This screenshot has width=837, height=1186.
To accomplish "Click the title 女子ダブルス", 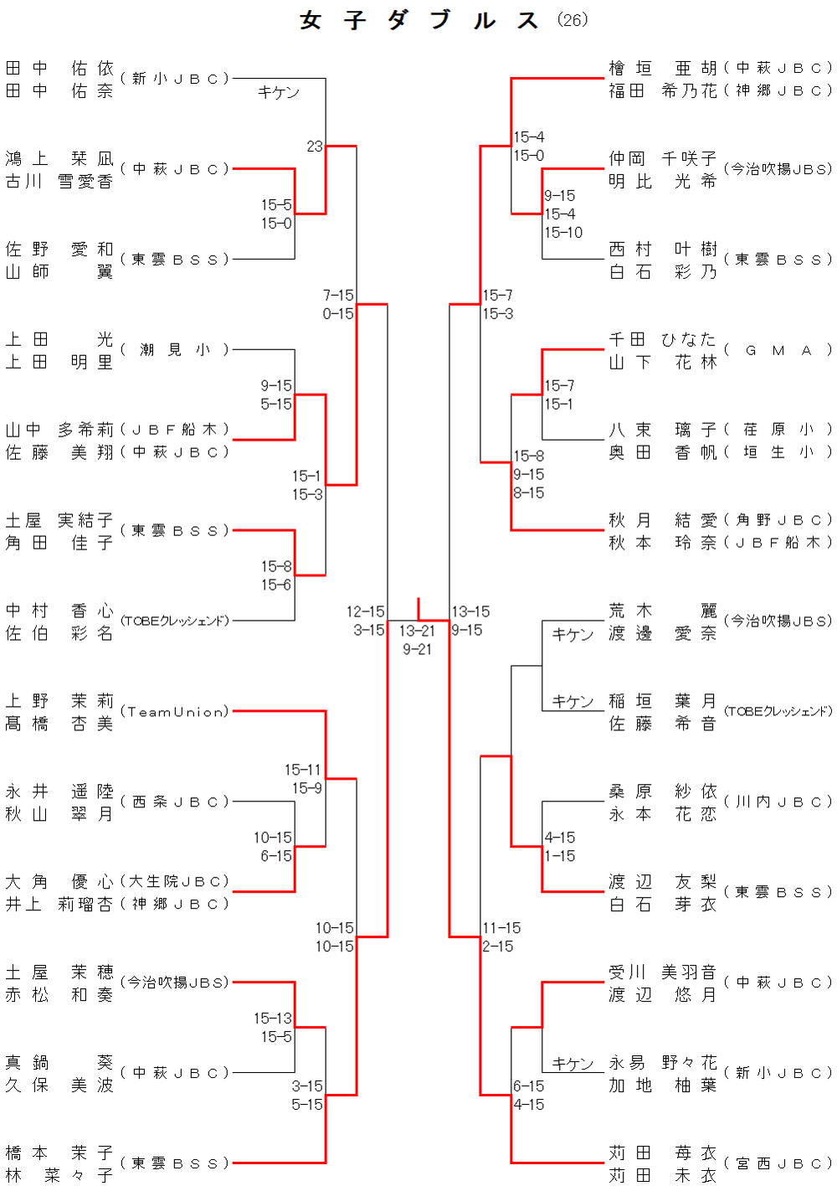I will (x=418, y=20).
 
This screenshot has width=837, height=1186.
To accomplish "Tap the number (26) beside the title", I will (x=573, y=20).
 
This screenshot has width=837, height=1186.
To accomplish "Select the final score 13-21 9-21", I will (x=417, y=640).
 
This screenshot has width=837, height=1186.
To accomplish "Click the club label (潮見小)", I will (x=175, y=349).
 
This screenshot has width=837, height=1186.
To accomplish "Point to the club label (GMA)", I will (x=778, y=350).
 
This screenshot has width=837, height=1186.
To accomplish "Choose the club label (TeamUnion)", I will (x=175, y=712).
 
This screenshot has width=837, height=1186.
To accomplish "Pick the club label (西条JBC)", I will (x=175, y=802).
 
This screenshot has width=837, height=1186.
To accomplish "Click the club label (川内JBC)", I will (x=778, y=802).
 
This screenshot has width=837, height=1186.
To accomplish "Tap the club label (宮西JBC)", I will (x=778, y=1163).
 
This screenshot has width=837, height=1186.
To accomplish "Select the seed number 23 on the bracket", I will (x=315, y=147).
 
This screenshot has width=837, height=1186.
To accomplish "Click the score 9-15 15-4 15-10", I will (x=562, y=214).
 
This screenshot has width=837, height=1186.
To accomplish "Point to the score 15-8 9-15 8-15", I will (x=529, y=474).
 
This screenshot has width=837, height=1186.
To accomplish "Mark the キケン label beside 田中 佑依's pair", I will (x=278, y=92).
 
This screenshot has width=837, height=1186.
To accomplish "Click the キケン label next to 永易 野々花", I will (x=573, y=1064).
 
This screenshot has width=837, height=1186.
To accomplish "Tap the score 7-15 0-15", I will (x=338, y=304).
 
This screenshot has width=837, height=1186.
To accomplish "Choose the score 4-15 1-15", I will (x=560, y=847).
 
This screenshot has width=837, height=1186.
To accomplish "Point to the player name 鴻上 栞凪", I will (x=59, y=158).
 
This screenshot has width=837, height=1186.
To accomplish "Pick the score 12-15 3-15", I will (x=366, y=621).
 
